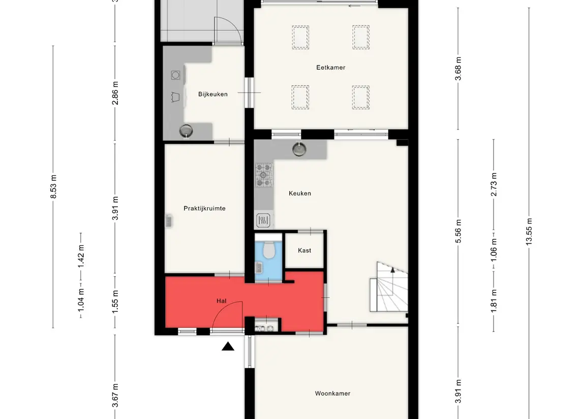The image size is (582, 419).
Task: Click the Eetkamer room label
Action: point(331,68)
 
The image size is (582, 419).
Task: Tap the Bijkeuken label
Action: point(212,94)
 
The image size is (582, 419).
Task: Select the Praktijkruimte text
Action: point(204,208)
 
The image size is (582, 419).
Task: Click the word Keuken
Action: point(300,193)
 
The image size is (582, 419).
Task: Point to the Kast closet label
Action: point(304,251)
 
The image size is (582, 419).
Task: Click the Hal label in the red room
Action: point(221,301)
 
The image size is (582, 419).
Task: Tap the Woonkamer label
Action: point(332,394)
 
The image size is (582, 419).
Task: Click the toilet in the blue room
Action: point(268,249)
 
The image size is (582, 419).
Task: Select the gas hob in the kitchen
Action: point(263,175)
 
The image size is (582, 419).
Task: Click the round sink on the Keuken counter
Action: point(299,149)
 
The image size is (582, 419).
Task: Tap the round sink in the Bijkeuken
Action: point(186,131)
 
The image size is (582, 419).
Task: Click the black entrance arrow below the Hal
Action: point(228,346)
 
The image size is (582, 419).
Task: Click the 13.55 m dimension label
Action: point(529,232)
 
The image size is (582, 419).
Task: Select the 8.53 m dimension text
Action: point(53,186)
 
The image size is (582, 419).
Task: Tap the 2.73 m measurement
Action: point(494,185)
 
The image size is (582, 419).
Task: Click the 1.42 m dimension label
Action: point(81,256)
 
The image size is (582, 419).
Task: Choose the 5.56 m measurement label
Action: point(458,232)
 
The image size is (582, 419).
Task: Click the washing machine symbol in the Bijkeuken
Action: point(175,75)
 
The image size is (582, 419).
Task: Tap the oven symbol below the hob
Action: point(263,220)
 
